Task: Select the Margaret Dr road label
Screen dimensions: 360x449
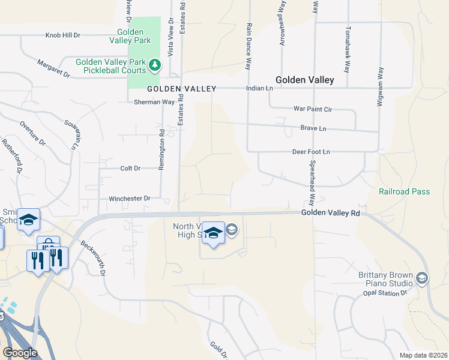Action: (53, 68)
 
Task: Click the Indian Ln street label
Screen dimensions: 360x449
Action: (259, 88)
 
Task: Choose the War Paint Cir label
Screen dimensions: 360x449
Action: (312, 109)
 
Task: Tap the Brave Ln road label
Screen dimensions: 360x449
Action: (313, 128)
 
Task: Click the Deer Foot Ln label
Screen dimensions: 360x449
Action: (311, 152)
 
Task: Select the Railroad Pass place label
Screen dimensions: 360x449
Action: (404, 191)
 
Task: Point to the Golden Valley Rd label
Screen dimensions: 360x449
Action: (330, 213)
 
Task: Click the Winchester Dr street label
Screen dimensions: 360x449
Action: (129, 198)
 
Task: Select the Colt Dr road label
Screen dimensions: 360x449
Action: (130, 169)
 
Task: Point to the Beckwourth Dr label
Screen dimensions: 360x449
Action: (94, 258)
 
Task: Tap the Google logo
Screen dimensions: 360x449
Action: (20, 353)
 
